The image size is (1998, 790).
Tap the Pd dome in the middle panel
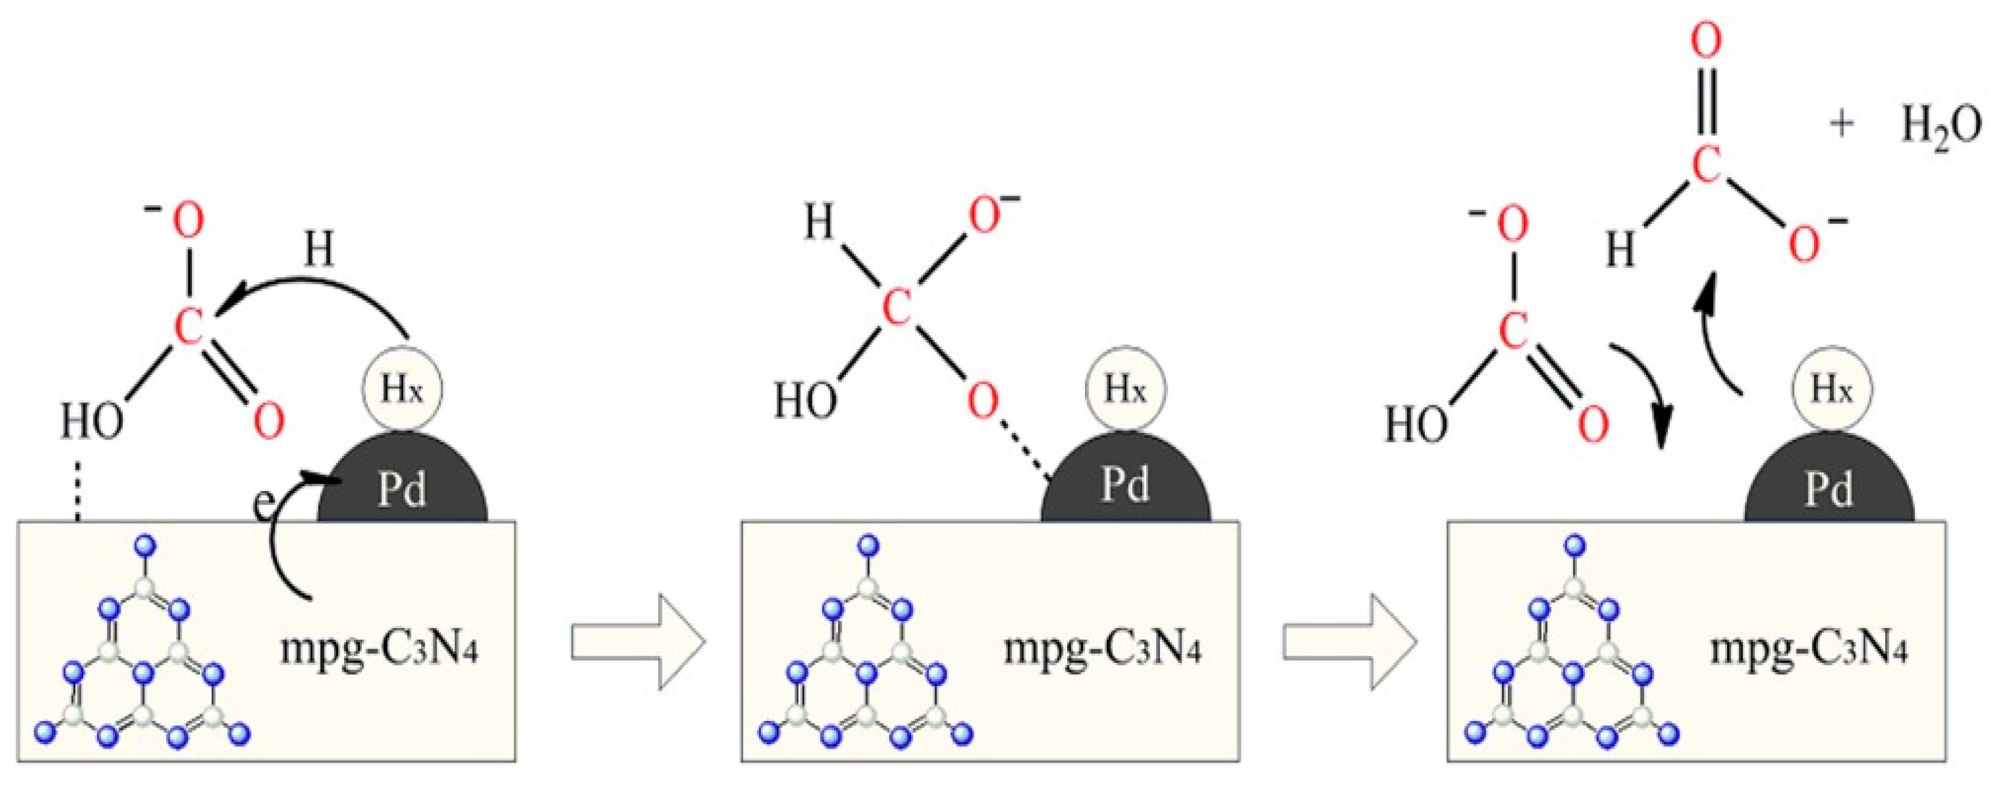[x=1125, y=485]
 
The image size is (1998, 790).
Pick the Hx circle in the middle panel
[x=1125, y=389]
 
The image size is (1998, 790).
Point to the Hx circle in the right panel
[x=1831, y=390]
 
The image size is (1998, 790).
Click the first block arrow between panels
[x=637, y=642]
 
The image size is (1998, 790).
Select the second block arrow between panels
[x=1350, y=642]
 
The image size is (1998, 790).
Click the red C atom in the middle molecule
[x=897, y=309]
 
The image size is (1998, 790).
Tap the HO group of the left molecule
[x=92, y=423]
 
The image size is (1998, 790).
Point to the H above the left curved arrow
[x=319, y=250]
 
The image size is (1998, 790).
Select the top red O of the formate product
[x=1706, y=43]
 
